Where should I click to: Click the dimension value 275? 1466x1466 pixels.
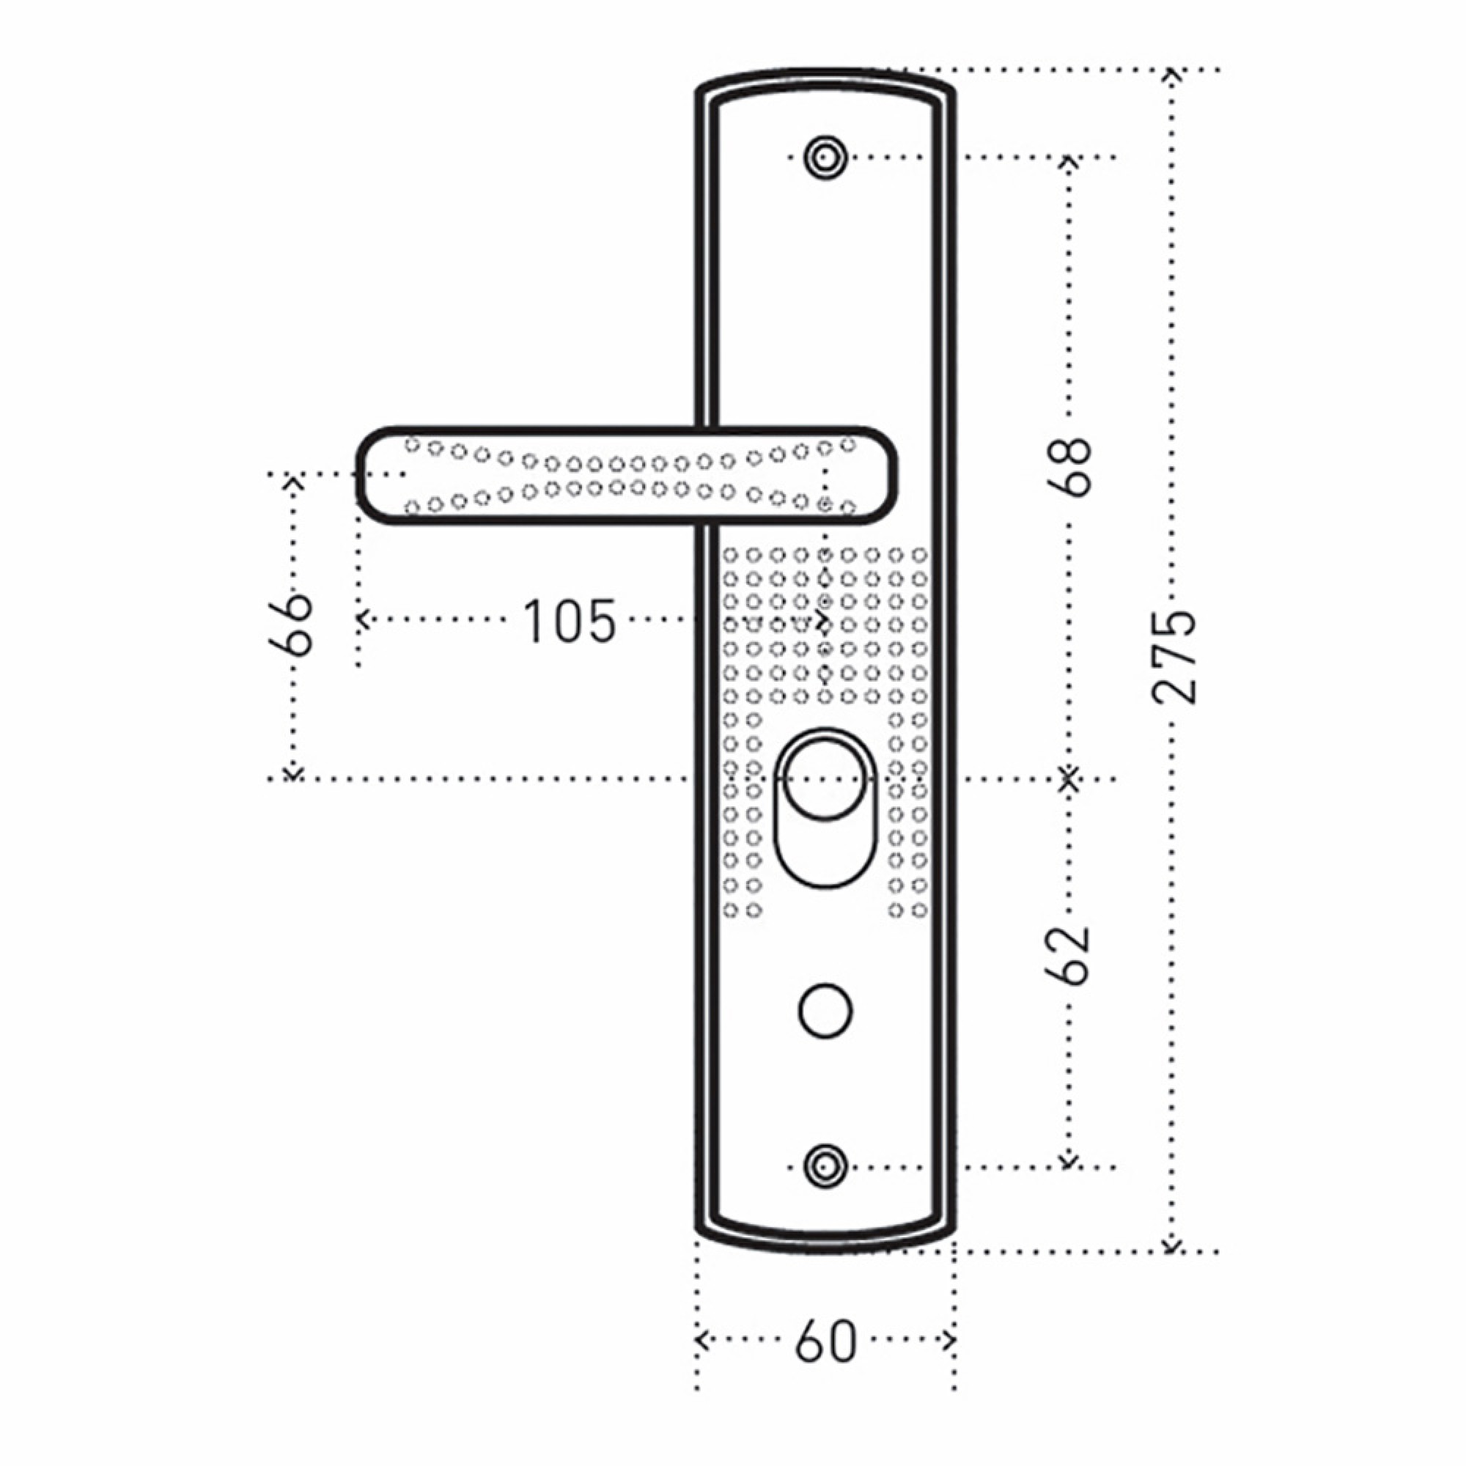(x=1174, y=657)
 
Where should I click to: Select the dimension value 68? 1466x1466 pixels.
(x=1070, y=467)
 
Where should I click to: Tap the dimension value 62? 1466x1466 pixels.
(x=1070, y=956)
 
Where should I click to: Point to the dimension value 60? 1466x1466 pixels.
(x=825, y=1341)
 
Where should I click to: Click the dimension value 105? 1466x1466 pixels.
(x=569, y=622)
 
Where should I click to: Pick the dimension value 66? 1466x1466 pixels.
(x=290, y=625)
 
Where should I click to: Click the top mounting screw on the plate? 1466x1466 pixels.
(x=825, y=158)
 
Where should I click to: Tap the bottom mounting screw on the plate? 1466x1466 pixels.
(x=825, y=1167)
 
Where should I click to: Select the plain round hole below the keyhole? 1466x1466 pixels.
(x=825, y=1011)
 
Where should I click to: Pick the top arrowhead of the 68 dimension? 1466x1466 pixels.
(x=1069, y=161)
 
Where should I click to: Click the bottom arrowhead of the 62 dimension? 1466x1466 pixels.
(x=1069, y=1162)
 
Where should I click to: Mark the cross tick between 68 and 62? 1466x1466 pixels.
(x=1069, y=778)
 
